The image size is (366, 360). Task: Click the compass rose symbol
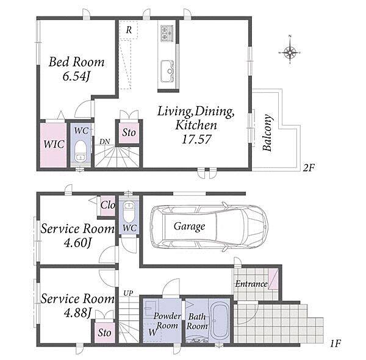(290, 52)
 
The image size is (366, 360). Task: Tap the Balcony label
(268, 133)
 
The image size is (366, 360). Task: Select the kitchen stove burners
(167, 34)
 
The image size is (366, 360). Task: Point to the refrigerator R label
(129, 30)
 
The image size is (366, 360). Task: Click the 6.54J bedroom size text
(76, 76)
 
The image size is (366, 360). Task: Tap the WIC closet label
(54, 144)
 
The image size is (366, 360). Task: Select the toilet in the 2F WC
(81, 151)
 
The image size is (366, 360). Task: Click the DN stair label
(104, 142)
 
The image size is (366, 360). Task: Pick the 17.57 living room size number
(196, 139)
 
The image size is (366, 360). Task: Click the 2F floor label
(309, 168)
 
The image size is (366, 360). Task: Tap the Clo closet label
(107, 205)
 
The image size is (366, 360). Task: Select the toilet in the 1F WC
(129, 212)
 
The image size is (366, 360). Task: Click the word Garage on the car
(189, 226)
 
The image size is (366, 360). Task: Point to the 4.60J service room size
(77, 243)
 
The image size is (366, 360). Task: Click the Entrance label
(251, 284)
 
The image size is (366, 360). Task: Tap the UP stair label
(128, 293)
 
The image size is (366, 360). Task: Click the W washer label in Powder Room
(152, 332)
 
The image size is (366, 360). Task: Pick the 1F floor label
(335, 344)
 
